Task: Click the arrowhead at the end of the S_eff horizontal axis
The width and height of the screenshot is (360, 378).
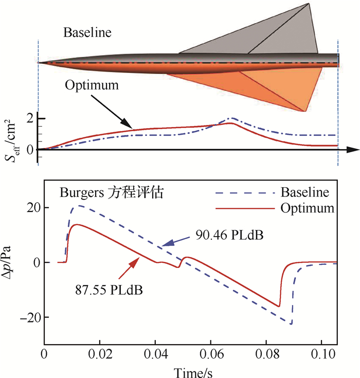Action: (x=354, y=150)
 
